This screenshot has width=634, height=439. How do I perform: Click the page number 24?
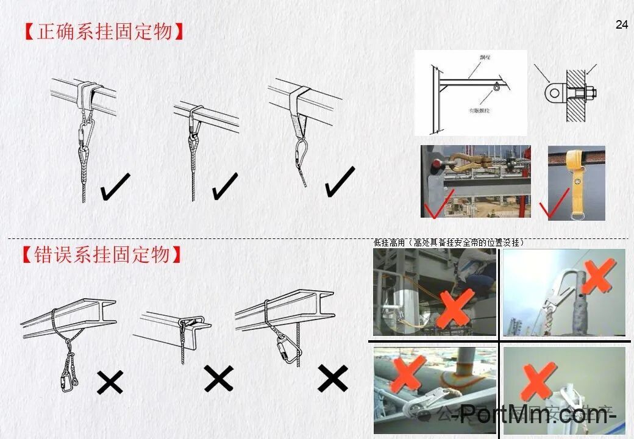click(621, 25)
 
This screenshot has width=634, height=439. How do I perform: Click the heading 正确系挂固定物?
click(104, 32)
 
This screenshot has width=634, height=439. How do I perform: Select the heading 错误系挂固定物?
click(103, 255)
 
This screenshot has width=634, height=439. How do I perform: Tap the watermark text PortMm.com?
click(537, 415)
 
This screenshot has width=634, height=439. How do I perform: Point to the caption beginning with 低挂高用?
click(449, 243)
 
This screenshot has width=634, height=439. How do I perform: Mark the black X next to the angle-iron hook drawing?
click(218, 379)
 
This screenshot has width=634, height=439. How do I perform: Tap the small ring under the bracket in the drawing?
click(497, 87)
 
